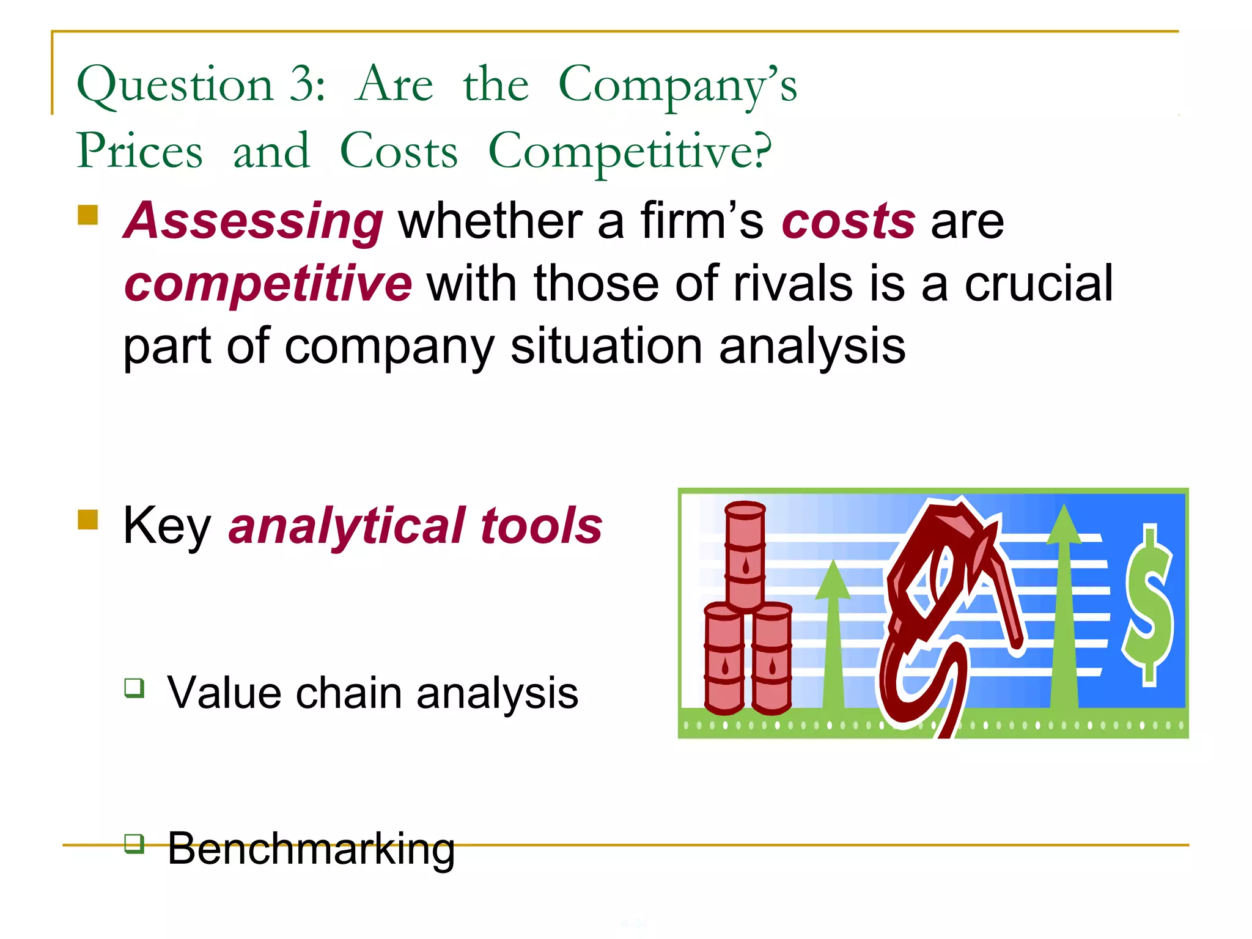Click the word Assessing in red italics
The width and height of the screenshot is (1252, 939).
[253, 221]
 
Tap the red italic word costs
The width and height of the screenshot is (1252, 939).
[848, 221]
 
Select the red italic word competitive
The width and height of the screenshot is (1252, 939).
[268, 284]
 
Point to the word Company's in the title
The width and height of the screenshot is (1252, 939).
[677, 86]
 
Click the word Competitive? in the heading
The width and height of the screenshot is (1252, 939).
[630, 152]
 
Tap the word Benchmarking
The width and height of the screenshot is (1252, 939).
[311, 850]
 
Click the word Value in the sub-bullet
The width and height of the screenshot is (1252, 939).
[223, 693]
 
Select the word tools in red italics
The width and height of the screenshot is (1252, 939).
[541, 526]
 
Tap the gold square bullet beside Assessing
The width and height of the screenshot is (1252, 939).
[88, 215]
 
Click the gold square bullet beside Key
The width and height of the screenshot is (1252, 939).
[88, 520]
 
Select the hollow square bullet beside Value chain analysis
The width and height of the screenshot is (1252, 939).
[134, 688]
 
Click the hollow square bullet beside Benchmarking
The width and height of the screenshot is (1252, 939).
[134, 844]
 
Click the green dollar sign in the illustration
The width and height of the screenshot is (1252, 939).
[1149, 605]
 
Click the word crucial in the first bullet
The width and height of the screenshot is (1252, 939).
[1039, 284]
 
